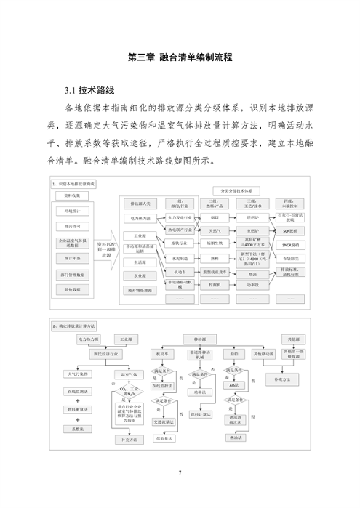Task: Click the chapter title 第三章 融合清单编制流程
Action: tap(179, 57)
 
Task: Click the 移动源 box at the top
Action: tap(199, 339)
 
